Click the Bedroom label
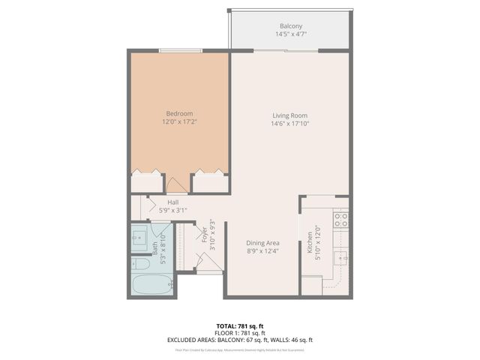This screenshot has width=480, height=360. (x=179, y=113)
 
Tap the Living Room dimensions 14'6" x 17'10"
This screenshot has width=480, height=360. (x=289, y=124)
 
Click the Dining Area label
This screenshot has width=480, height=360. (x=263, y=243)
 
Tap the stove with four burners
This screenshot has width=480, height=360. (x=340, y=220)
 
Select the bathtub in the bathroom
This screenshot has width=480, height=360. (x=151, y=285)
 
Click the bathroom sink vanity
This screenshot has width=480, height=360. (x=140, y=238)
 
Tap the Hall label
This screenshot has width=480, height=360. (x=172, y=202)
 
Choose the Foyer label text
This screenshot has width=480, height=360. (x=203, y=233)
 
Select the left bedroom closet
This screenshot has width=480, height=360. (x=147, y=182)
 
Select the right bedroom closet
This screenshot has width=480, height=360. (x=209, y=182)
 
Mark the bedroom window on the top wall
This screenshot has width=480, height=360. (x=180, y=51)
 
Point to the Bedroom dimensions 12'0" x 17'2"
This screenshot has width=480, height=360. (x=179, y=122)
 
